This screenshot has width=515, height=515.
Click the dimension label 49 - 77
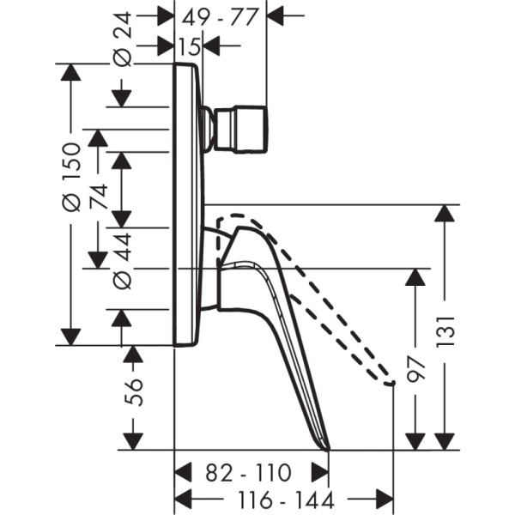tap(219, 17)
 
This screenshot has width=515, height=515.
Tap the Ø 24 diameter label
tap(123, 39)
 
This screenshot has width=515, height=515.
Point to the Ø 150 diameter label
tap(70, 177)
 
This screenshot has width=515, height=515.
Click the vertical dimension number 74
tap(99, 197)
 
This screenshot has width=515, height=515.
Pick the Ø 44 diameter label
tap(123, 262)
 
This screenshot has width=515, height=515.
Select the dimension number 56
tap(134, 393)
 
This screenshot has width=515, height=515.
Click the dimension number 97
tap(415, 370)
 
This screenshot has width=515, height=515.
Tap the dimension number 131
tap(445, 331)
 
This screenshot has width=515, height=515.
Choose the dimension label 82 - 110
tap(248, 473)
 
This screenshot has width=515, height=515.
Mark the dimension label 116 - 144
tap(286, 500)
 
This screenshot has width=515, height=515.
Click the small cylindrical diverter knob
tap(240, 130)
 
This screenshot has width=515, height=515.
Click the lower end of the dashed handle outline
tap(391, 384)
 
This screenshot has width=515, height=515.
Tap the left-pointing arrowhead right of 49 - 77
tap(275, 15)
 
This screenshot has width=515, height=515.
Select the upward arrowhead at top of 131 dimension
tap(445, 213)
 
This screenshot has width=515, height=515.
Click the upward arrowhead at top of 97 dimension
tap(415, 277)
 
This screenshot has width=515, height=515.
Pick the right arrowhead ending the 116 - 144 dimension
tap(385, 500)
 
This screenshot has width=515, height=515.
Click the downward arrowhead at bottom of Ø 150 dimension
tap(70, 337)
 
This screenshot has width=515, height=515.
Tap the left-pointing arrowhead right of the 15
tap(211, 45)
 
